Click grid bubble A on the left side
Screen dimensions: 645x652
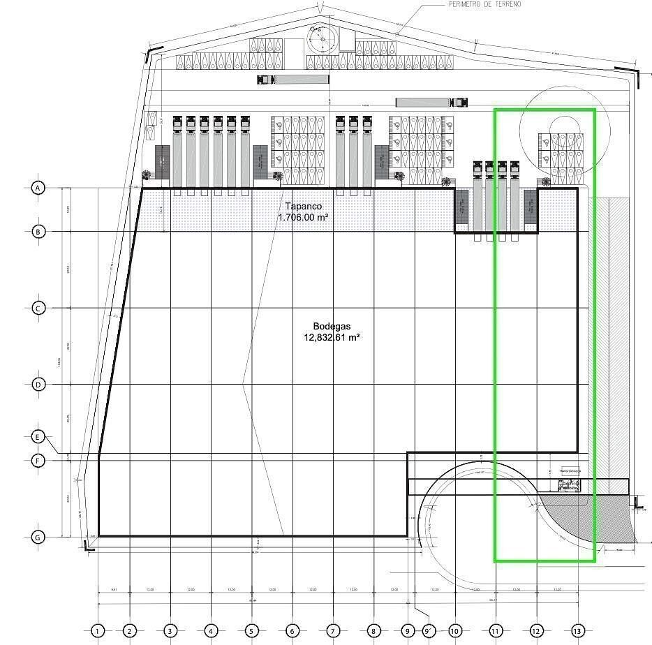coord(38,188)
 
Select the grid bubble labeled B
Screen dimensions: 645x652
coord(38,231)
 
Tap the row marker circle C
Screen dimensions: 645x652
coord(38,308)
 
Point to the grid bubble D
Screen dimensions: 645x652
coord(38,385)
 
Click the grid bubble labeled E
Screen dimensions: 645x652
coord(38,437)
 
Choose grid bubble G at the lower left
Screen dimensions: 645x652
coord(38,537)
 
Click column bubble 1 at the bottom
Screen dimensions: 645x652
coord(98,632)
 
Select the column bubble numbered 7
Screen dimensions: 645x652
coord(333,632)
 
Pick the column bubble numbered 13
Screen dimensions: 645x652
coord(577,632)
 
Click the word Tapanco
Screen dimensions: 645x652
coord(303,207)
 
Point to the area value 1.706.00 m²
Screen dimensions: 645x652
coord(303,217)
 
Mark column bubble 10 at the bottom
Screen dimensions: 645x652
coord(455,632)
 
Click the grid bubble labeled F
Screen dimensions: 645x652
coord(38,460)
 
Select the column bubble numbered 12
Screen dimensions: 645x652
coord(536,632)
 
